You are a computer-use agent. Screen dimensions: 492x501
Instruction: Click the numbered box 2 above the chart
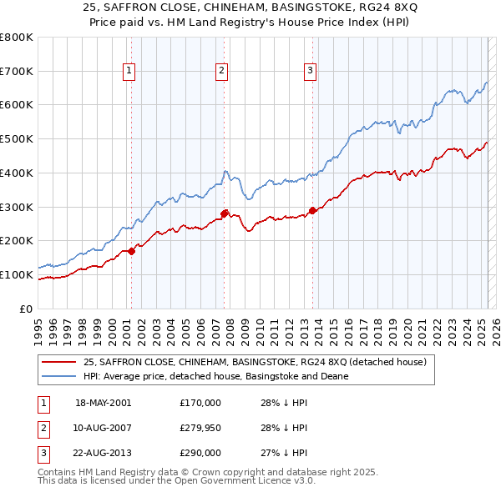pyautogui.click(x=222, y=72)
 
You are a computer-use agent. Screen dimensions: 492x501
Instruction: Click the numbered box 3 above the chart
pyautogui.click(x=310, y=72)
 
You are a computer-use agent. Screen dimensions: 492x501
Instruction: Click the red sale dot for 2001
pyautogui.click(x=132, y=250)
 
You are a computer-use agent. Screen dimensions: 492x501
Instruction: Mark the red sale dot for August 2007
pyautogui.click(x=224, y=213)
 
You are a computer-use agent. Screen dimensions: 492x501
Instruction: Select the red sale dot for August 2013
pyautogui.click(x=312, y=210)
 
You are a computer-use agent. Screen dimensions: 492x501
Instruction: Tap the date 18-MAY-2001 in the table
pyautogui.click(x=104, y=403)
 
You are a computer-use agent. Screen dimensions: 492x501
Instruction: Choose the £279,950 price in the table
pyautogui.click(x=200, y=428)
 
